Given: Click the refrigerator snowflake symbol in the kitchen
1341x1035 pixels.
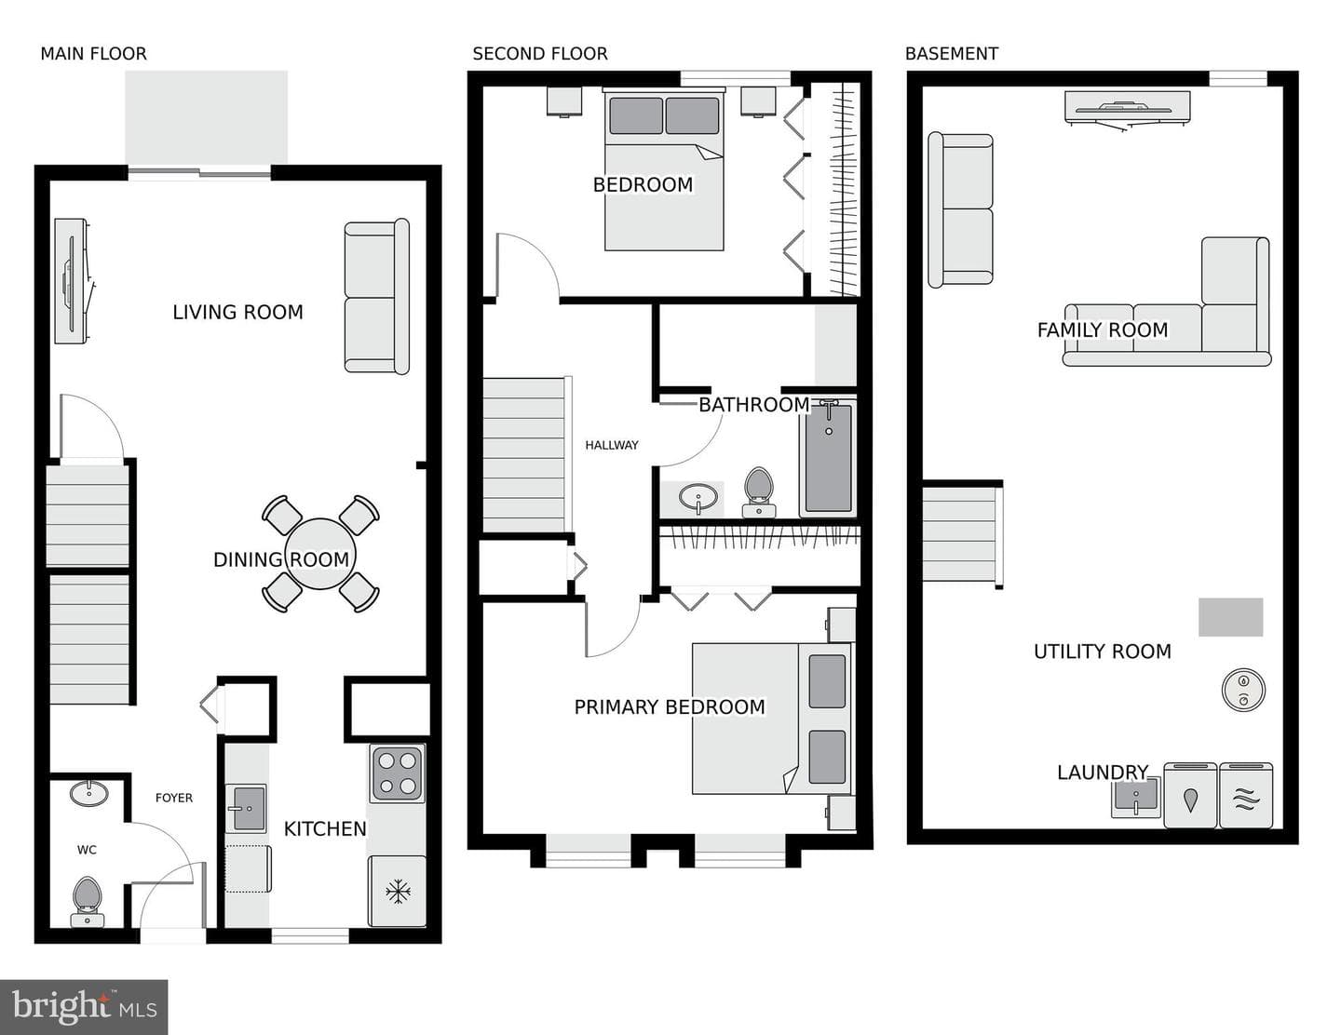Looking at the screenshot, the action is point(398,892).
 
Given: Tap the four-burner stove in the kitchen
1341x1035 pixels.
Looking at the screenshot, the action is point(397,773).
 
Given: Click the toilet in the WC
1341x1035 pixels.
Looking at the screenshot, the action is point(87,901).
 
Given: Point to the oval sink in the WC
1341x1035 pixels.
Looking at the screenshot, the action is point(89,794).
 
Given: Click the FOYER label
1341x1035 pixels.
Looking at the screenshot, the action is point(174,798).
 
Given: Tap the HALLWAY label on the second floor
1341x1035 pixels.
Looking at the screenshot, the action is point(612,445).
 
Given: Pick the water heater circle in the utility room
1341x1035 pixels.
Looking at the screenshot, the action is point(1243,690).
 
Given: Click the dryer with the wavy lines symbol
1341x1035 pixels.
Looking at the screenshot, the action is point(1246,795).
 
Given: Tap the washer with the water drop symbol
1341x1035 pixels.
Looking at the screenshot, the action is point(1190,795).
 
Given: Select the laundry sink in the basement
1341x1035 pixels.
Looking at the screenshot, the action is point(1136,797).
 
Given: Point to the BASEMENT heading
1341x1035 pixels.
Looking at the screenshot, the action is point(952,54).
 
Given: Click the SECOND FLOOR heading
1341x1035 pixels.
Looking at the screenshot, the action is point(540,54).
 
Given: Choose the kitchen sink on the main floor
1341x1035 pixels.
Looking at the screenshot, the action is point(246,808).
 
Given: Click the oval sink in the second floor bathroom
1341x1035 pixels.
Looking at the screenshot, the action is point(698,497).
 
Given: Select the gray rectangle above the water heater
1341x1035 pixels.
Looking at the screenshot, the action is point(1230,617).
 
